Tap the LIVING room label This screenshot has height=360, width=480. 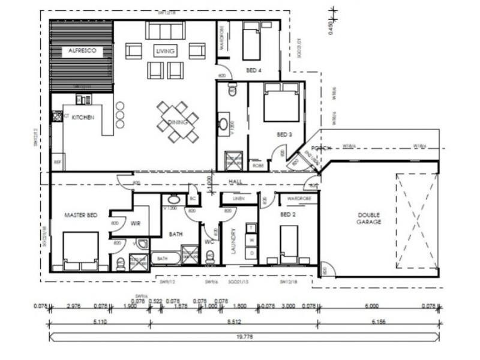click(165, 52)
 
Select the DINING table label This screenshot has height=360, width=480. click(178, 122)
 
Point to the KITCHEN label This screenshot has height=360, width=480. click(83, 118)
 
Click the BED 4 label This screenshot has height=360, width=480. click(254, 71)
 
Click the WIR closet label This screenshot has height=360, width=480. click(135, 223)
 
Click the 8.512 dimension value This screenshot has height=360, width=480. click(235, 322)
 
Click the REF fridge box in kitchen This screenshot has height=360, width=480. click(58, 162)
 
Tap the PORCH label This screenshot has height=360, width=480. click(317, 149)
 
